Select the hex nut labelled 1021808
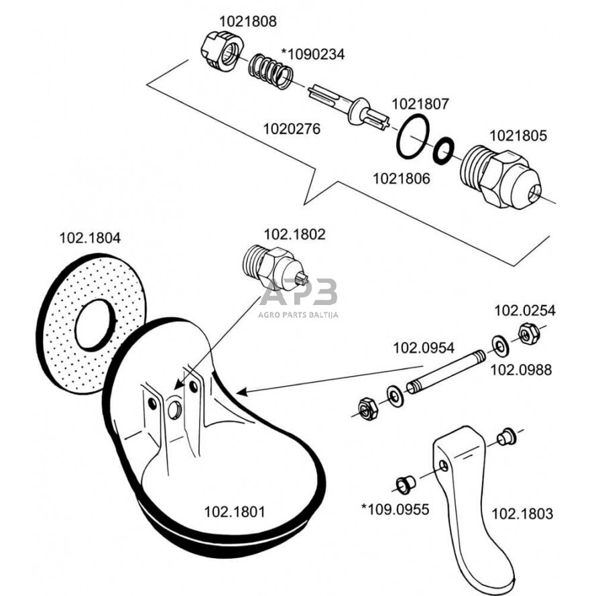coord(219,51)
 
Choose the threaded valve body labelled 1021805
coord(499,176)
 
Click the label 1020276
coord(292,127)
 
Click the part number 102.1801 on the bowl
coord(235,512)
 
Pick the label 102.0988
coord(520,369)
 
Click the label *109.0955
coord(395,509)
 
